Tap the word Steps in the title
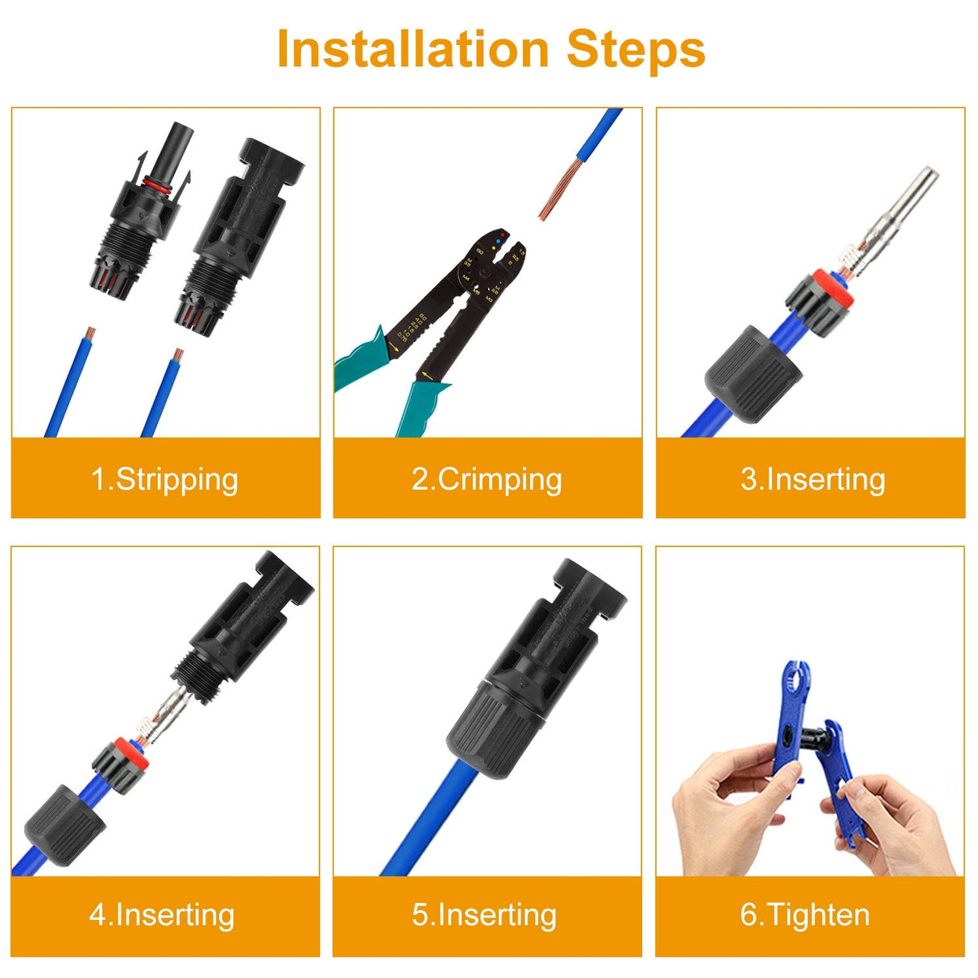click(x=636, y=49)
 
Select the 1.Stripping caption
click(x=165, y=479)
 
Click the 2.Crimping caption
click(x=487, y=479)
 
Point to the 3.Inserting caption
click(x=812, y=479)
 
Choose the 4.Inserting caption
click(x=162, y=914)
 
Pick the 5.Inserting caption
click(x=484, y=914)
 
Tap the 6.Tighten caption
click(x=805, y=914)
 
